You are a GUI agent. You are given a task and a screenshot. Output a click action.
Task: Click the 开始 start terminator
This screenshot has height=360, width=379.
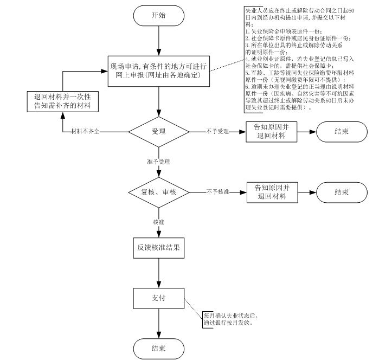tap(158, 15)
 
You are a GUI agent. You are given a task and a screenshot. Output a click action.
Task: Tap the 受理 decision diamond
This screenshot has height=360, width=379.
tap(158, 132)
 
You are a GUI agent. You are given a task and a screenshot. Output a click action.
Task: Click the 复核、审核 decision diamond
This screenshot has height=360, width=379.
tap(158, 192)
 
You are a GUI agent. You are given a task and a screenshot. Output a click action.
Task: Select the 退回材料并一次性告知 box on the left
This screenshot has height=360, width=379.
tap(63, 101)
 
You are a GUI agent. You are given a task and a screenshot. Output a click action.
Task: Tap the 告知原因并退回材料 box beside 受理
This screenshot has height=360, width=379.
tap(272, 132)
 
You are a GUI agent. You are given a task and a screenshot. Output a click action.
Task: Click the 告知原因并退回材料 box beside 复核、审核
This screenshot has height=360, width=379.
tap(272, 192)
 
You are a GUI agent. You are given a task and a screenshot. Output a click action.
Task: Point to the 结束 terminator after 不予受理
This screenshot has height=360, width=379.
tap(341, 132)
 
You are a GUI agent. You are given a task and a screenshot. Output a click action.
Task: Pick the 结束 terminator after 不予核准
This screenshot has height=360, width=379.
tap(341, 192)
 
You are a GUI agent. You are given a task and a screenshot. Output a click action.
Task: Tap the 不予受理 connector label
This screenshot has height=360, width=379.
tap(217, 132)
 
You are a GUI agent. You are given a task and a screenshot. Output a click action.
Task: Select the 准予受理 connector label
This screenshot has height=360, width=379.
tap(158, 162)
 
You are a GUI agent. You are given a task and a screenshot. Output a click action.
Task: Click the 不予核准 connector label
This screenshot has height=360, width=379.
tap(217, 192)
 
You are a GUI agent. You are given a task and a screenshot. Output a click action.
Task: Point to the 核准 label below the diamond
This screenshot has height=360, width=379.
tap(158, 222)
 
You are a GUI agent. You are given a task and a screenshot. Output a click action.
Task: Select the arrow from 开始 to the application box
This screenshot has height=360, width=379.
tap(158, 41)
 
